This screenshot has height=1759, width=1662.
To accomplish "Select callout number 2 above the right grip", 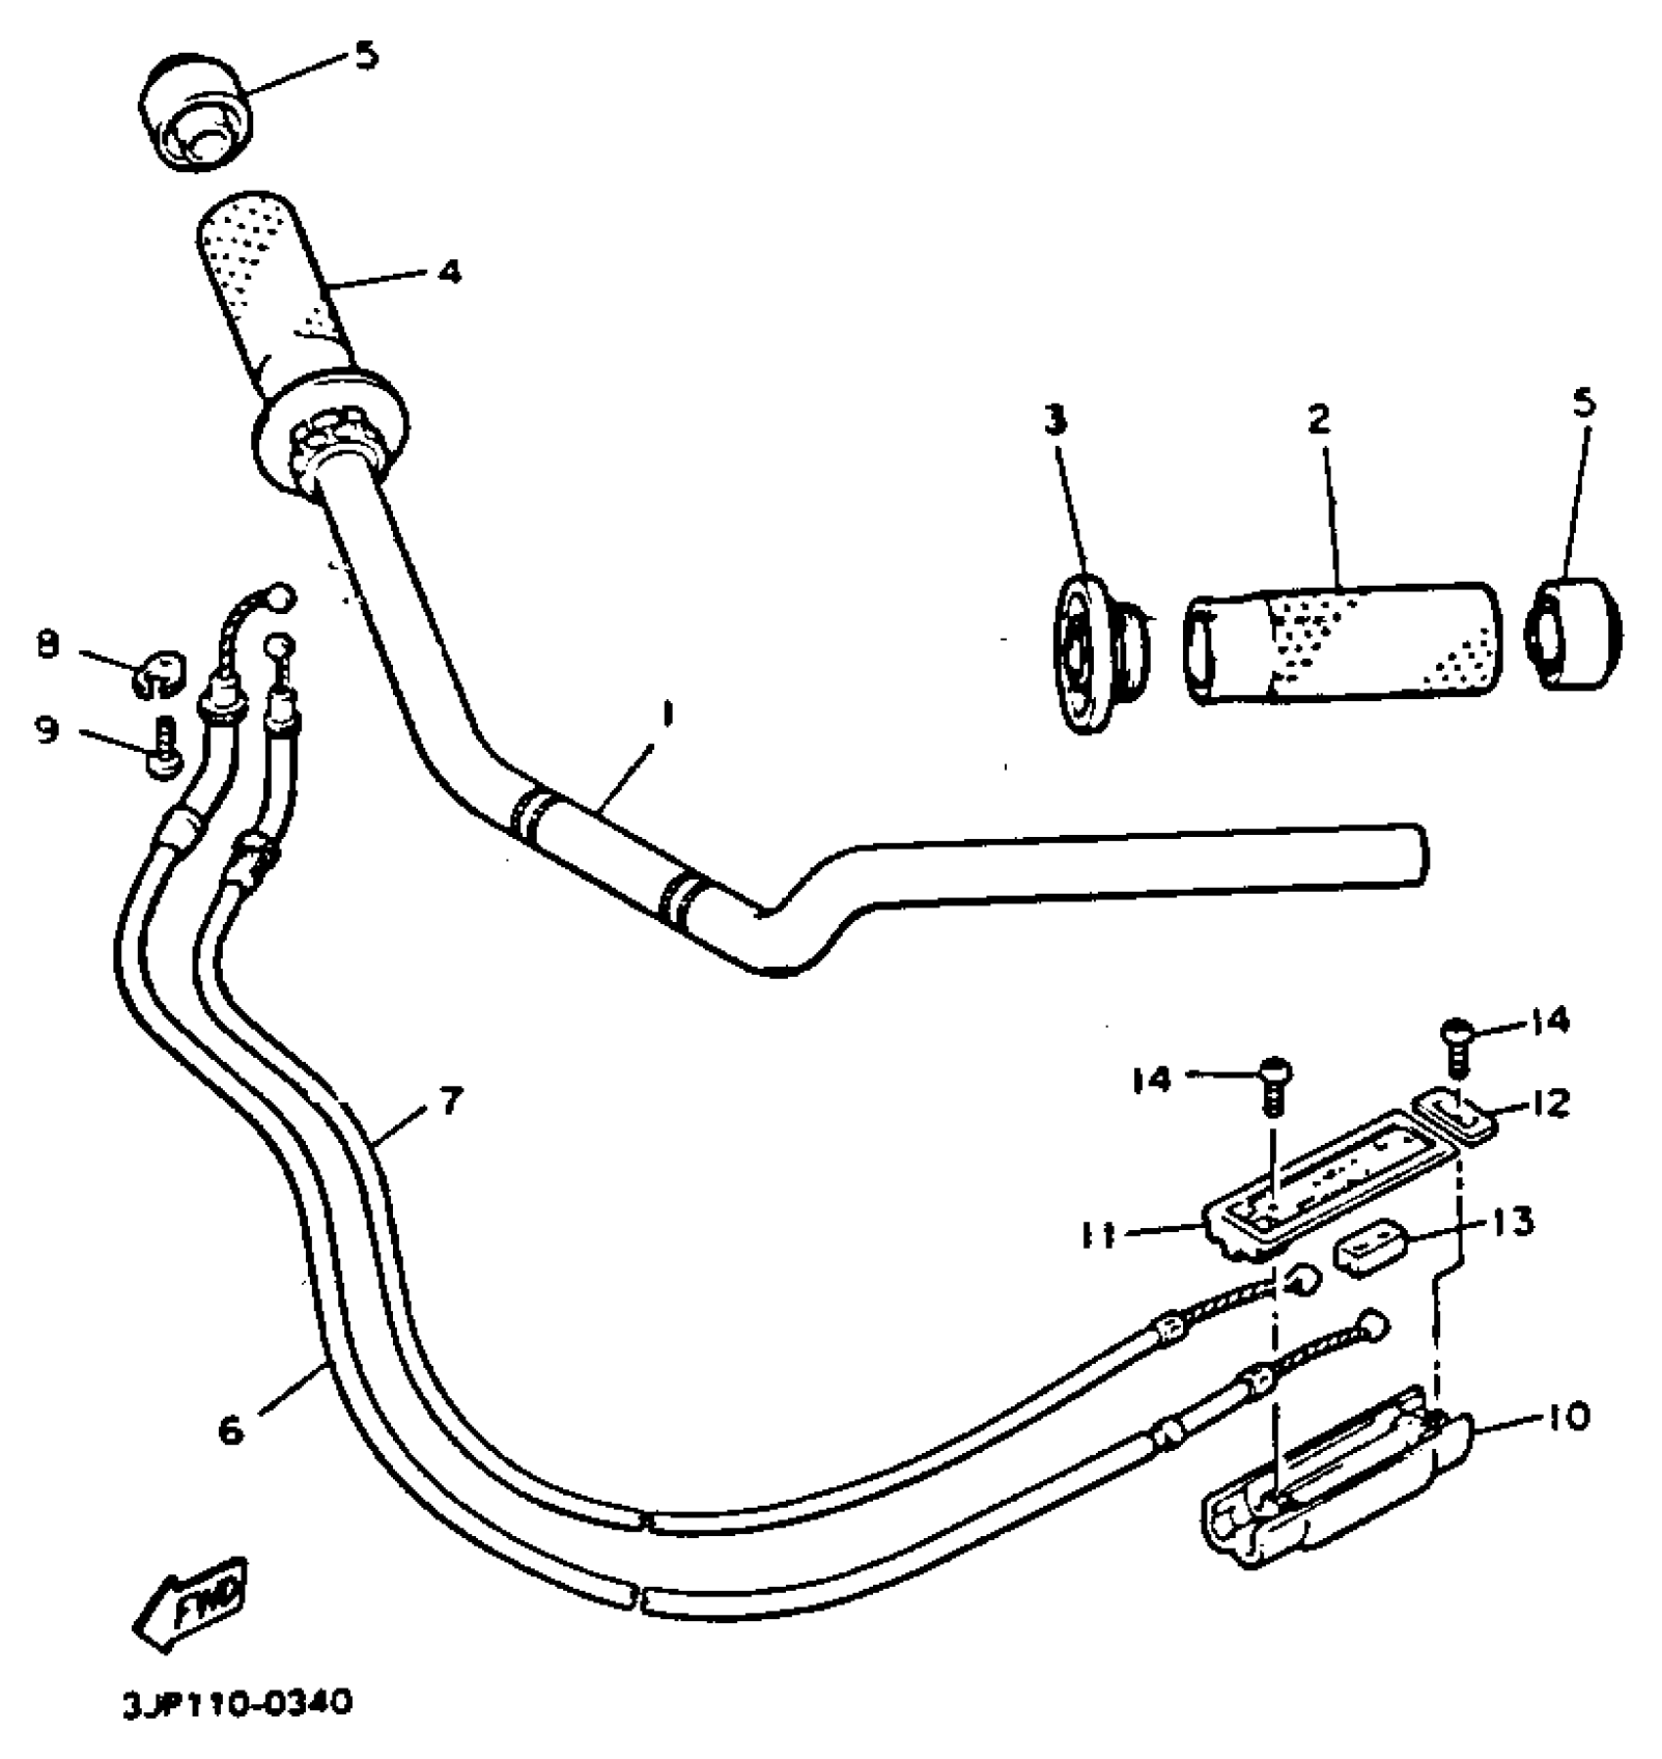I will (x=1319, y=419).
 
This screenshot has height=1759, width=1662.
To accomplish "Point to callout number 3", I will (x=1054, y=420).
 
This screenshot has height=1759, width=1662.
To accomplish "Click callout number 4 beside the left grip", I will (x=448, y=272).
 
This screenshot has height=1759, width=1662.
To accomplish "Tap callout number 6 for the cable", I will (x=231, y=1430).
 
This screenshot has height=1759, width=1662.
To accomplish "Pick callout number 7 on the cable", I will (x=449, y=1103).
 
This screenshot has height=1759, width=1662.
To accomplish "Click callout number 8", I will (x=48, y=645).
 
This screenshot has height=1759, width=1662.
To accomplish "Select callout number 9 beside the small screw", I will (x=48, y=729).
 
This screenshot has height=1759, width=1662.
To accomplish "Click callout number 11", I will (x=1101, y=1236).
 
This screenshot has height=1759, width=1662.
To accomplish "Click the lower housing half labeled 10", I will (x=1330, y=1486).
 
